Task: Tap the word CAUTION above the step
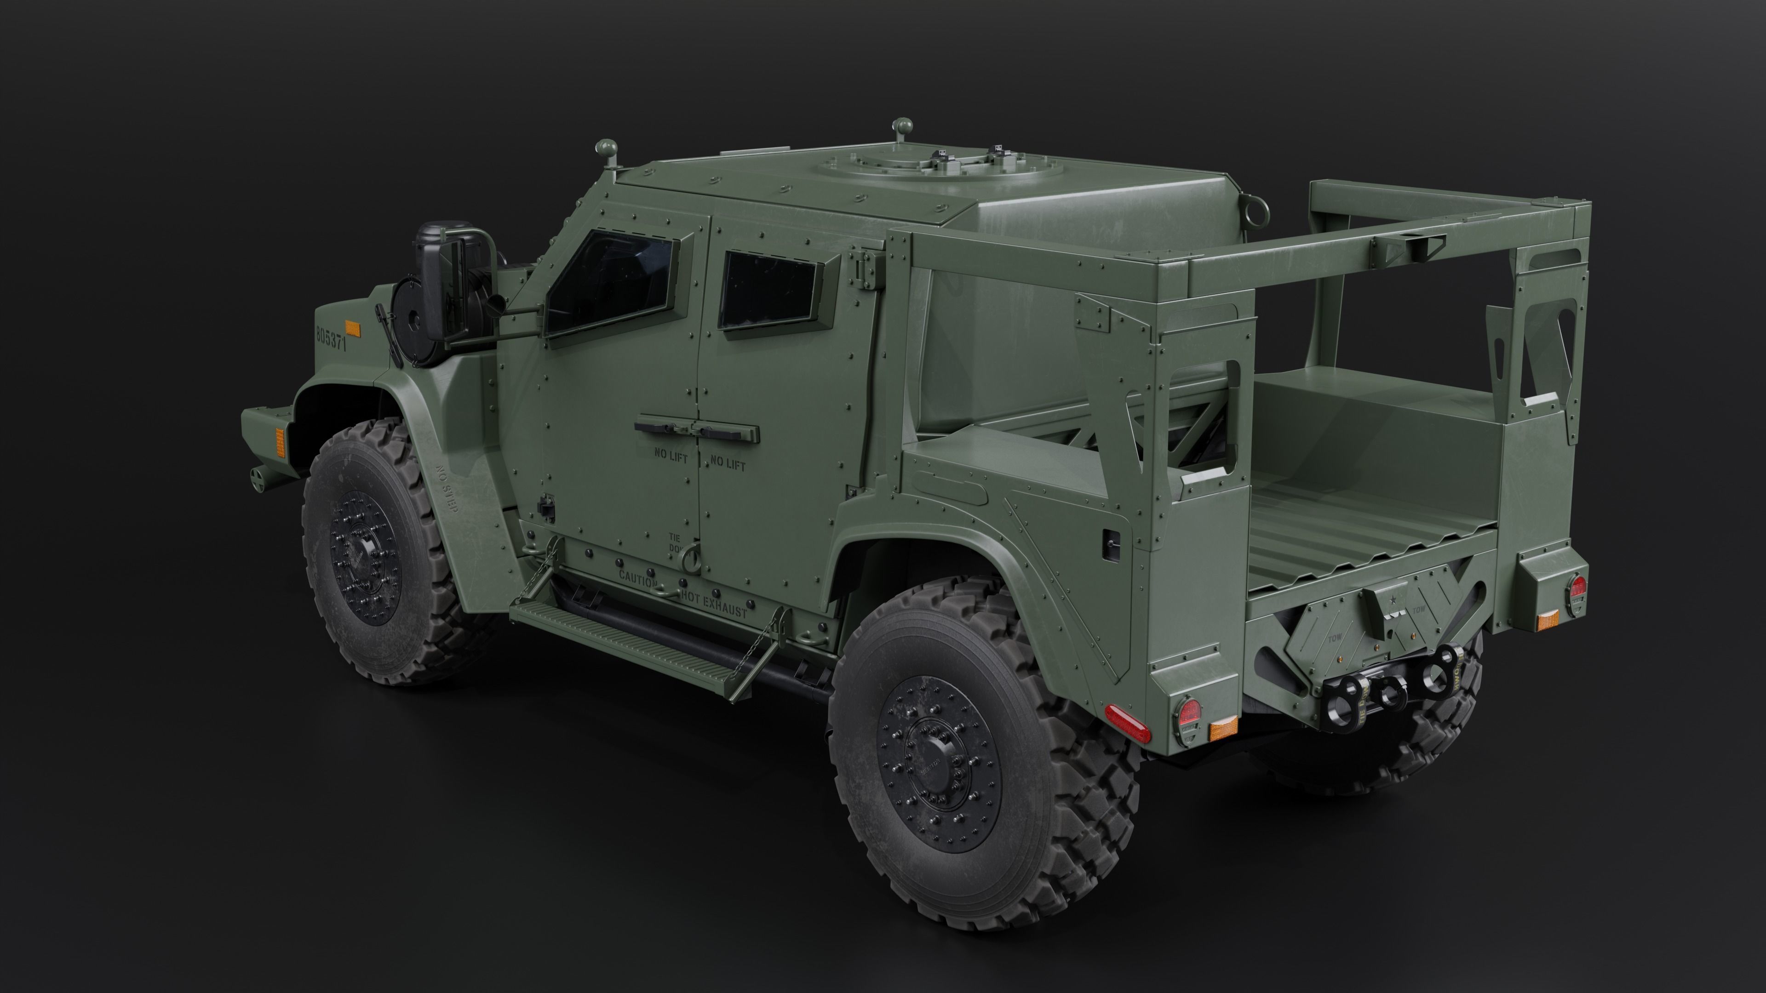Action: [637, 578]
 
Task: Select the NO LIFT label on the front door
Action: [671, 456]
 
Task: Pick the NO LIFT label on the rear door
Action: [728, 465]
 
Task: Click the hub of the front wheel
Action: [363, 551]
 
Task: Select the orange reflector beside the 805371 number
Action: [352, 329]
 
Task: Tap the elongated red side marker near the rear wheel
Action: [1128, 723]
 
